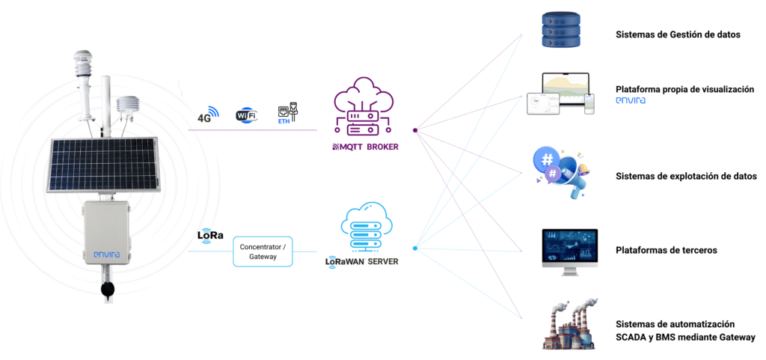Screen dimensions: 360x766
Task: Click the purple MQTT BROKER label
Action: point(364,147)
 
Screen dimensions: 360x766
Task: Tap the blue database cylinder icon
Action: point(560,30)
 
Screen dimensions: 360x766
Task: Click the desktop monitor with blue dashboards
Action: point(569,250)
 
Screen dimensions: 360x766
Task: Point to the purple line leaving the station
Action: point(254,130)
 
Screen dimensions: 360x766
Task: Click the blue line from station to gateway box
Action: point(209,251)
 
